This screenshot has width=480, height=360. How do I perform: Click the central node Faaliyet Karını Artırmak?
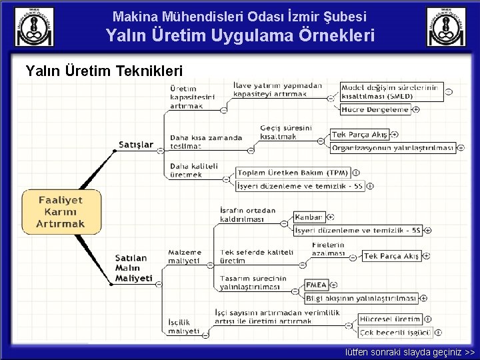[x=61, y=211]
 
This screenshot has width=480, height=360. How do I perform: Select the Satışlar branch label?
[x=136, y=144]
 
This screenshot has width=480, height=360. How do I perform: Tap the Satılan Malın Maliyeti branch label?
[x=133, y=267]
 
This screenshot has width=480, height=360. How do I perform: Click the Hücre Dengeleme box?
[x=375, y=109]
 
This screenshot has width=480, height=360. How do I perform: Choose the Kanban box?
[x=309, y=217]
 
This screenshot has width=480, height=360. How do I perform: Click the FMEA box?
[x=316, y=285]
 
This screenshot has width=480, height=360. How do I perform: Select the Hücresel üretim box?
[x=390, y=319]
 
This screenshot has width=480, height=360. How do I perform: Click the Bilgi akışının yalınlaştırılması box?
[x=361, y=298]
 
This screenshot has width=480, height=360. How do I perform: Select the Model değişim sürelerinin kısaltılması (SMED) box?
[x=390, y=91]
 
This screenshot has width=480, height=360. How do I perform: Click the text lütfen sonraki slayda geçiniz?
[x=409, y=352]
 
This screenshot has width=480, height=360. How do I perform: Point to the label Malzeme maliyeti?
[x=184, y=257]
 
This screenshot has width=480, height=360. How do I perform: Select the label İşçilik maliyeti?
[x=184, y=327]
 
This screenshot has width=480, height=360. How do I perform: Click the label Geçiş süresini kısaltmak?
[x=287, y=131]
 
